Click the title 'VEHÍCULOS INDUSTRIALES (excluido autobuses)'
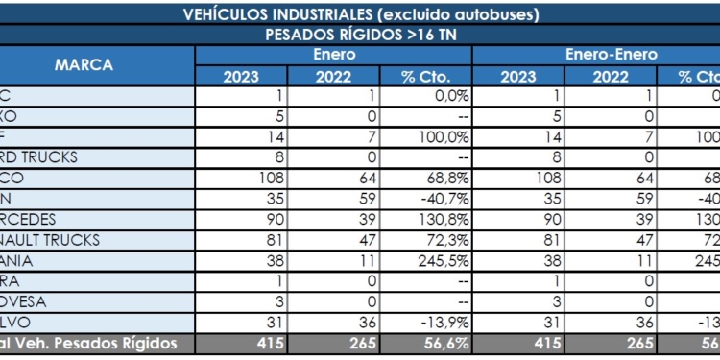(360, 13)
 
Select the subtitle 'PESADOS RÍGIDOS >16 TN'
(360, 35)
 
